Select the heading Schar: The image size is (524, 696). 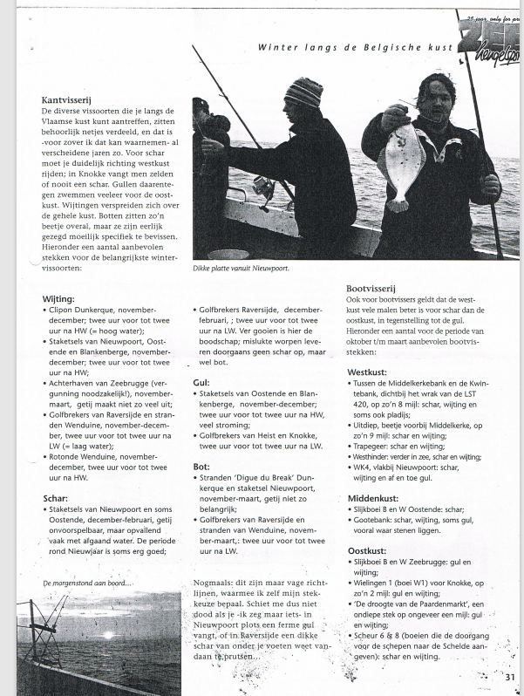tap(56, 499)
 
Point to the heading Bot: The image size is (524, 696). tap(201, 467)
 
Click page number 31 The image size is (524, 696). tap(508, 675)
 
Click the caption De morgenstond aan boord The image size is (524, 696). tap(86, 583)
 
